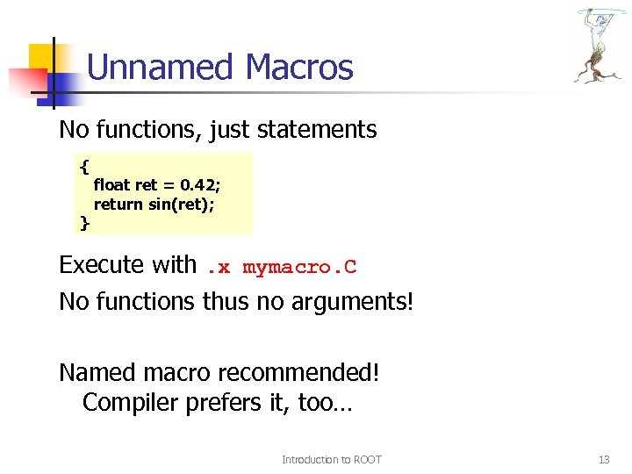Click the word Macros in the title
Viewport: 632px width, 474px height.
click(300, 68)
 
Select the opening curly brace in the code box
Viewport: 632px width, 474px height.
click(83, 165)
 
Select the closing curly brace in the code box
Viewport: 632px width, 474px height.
click(84, 223)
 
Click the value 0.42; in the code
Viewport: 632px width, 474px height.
click(200, 185)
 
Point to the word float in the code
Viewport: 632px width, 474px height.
click(111, 185)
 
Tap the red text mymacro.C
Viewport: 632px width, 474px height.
click(299, 267)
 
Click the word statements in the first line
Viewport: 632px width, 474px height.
click(315, 131)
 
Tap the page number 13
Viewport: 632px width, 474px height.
click(603, 459)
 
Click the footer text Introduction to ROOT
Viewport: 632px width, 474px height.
click(331, 459)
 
